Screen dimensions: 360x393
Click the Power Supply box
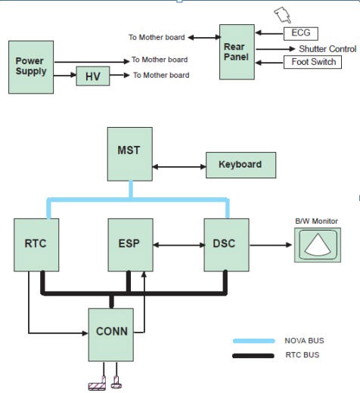click(31, 67)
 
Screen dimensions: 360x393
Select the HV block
click(93, 76)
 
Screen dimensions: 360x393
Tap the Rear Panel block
click(237, 52)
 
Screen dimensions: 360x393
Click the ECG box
click(301, 34)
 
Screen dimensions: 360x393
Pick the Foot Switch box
click(312, 62)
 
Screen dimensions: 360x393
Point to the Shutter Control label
click(327, 49)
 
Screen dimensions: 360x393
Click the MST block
click(130, 154)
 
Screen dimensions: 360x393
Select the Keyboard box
click(241, 165)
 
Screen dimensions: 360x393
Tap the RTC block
click(36, 245)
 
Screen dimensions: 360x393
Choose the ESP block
click(131, 245)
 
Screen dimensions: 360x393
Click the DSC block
click(227, 245)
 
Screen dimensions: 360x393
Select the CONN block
click(111, 335)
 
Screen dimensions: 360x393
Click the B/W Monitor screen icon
click(318, 245)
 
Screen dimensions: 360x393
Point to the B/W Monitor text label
click(316, 221)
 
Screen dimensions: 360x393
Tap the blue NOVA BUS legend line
click(254, 341)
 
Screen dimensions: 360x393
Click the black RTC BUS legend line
click(253, 356)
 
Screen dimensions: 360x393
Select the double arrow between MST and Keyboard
click(179, 167)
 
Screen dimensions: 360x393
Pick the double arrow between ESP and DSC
click(178, 245)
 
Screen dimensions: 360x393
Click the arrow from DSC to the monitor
click(271, 245)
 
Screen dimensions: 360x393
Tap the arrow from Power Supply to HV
click(65, 75)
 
